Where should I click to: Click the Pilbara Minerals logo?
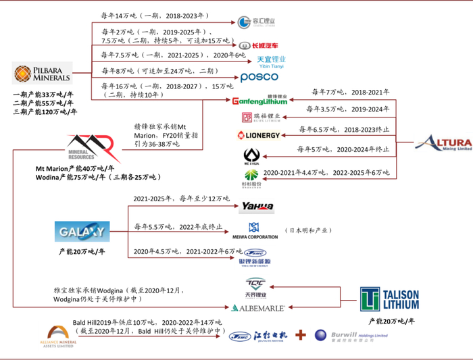pyautogui.click(x=41, y=74)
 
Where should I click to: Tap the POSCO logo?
pyautogui.click(x=259, y=78)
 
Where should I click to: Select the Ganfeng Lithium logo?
pyautogui.click(x=259, y=101)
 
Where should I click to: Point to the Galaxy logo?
pyautogui.click(x=81, y=232)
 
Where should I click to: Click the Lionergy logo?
pyautogui.click(x=258, y=135)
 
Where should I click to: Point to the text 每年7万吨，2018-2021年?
pyautogui.click(x=350, y=92)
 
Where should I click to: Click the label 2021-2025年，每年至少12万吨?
pyautogui.click(x=182, y=199)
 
